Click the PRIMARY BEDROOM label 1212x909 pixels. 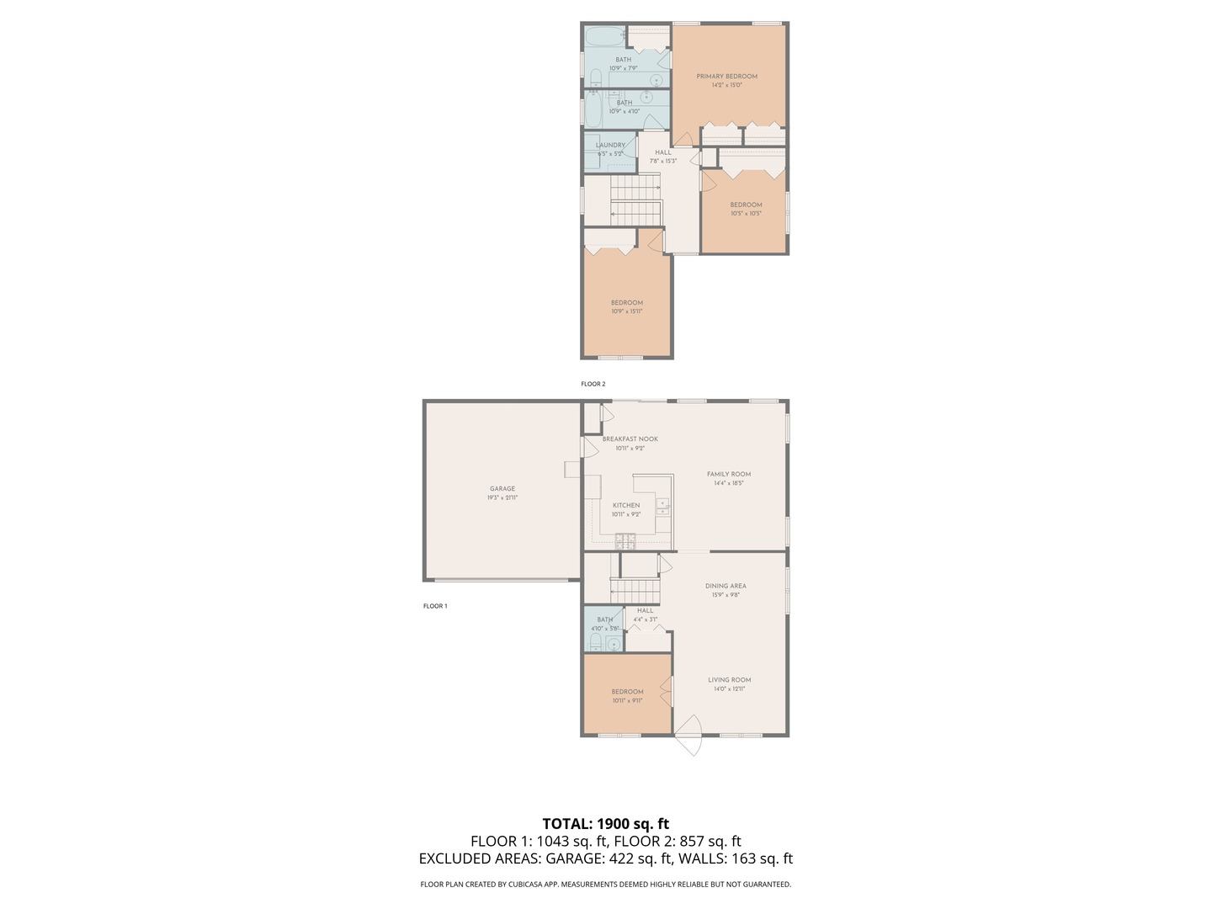pyautogui.click(x=726, y=77)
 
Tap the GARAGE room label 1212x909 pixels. pyautogui.click(x=502, y=489)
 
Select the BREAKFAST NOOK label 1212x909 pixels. pyautogui.click(x=630, y=439)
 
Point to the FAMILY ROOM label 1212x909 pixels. pyautogui.click(x=729, y=475)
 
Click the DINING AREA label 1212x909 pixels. pyautogui.click(x=726, y=587)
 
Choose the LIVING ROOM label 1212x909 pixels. pyautogui.click(x=729, y=680)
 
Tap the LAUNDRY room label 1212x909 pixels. pyautogui.click(x=610, y=146)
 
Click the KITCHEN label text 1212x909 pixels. pyautogui.click(x=625, y=506)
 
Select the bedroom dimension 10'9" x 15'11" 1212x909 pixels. pyautogui.click(x=626, y=311)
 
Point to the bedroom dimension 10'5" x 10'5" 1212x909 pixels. pyautogui.click(x=746, y=214)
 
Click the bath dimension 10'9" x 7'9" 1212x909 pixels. pyautogui.click(x=623, y=68)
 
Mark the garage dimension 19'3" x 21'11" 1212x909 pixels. pyautogui.click(x=502, y=497)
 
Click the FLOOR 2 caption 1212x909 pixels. pyautogui.click(x=593, y=384)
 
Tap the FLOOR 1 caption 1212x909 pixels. pyautogui.click(x=435, y=606)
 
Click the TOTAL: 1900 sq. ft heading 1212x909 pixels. pyautogui.click(x=605, y=824)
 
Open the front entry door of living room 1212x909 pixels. pyautogui.click(x=689, y=736)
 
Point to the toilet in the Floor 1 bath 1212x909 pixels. pyautogui.click(x=595, y=644)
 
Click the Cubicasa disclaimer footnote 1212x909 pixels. pyautogui.click(x=605, y=885)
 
